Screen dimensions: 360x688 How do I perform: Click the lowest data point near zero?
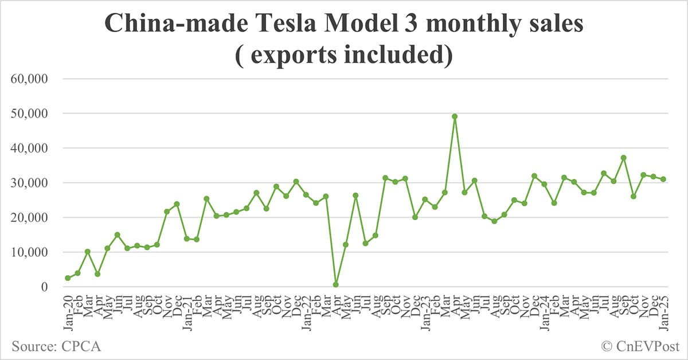click(x=335, y=284)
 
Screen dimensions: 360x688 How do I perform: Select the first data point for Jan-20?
click(x=68, y=278)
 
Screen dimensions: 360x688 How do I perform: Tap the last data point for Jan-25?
click(x=663, y=179)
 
